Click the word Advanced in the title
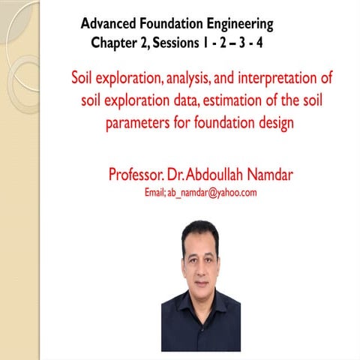(x=107, y=25)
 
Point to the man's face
(x=200, y=259)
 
